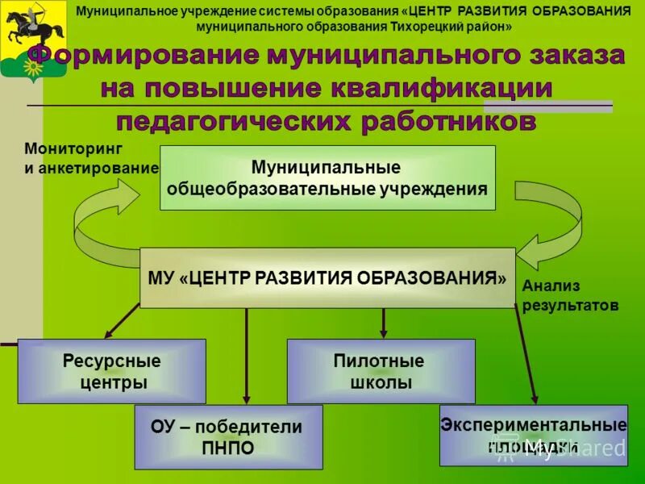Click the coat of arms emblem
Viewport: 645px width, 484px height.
pyautogui.click(x=33, y=40)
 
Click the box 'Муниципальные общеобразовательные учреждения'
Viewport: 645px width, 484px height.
pyautogui.click(x=327, y=178)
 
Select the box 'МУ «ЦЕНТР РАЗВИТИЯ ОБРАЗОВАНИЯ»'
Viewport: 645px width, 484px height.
pyautogui.click(x=327, y=277)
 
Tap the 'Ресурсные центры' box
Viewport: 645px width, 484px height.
pyautogui.click(x=112, y=371)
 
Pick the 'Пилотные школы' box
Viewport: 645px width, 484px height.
pyautogui.click(x=381, y=371)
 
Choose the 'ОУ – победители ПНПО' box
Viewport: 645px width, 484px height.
pyautogui.click(x=228, y=436)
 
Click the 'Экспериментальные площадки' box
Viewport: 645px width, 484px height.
pyautogui.click(x=533, y=435)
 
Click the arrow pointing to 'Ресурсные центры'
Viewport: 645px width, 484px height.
pyautogui.click(x=122, y=320)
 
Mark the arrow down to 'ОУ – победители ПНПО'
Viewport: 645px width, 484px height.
pyautogui.click(x=247, y=355)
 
